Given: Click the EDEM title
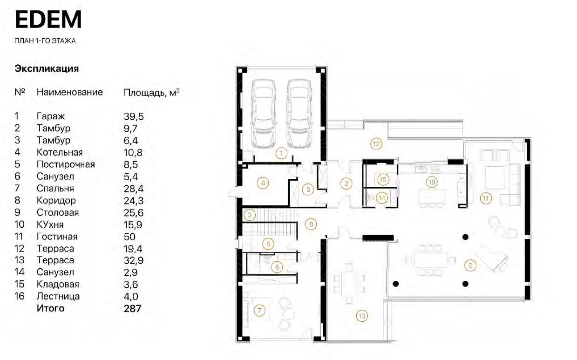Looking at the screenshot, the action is click(x=48, y=20).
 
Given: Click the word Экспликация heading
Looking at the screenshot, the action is click(x=47, y=69).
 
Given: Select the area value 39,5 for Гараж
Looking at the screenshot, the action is click(x=134, y=116).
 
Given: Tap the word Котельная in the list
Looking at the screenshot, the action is click(x=60, y=152).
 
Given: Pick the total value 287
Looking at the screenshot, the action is click(x=132, y=308).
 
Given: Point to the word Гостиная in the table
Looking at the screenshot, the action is click(x=57, y=237).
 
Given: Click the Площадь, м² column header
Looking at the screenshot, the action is click(x=151, y=93).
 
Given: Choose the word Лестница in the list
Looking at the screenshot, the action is click(x=58, y=296).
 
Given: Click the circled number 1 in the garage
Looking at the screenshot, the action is click(x=281, y=154).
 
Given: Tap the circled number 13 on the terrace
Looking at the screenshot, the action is click(x=362, y=316).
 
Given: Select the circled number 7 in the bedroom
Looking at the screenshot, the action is click(x=259, y=311).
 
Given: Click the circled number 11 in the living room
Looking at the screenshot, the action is click(x=486, y=198).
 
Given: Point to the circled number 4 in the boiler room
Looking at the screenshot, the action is click(x=263, y=183).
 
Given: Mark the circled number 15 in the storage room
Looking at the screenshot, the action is click(x=383, y=179).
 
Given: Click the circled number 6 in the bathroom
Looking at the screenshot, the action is click(x=277, y=267).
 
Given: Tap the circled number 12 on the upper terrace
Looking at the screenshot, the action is click(x=376, y=144).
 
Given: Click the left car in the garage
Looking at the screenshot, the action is click(x=264, y=114).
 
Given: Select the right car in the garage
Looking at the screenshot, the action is click(x=299, y=114).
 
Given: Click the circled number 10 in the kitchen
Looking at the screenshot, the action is click(x=431, y=182).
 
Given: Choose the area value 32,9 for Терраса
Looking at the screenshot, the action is click(x=134, y=260).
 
